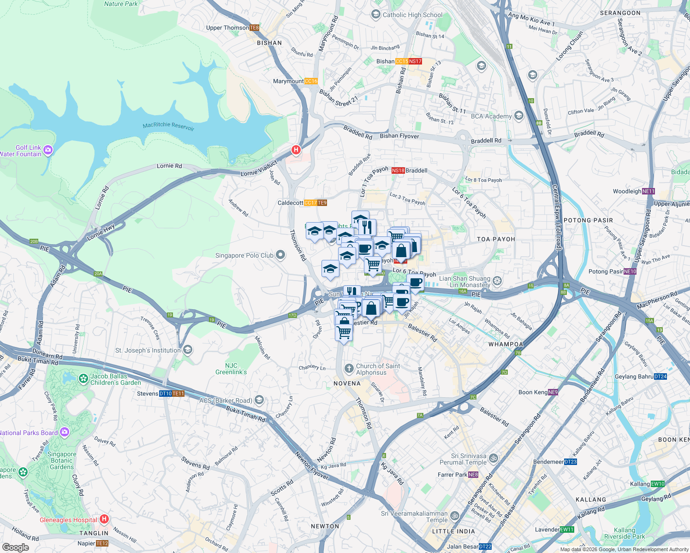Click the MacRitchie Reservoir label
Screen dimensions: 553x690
[x=168, y=126]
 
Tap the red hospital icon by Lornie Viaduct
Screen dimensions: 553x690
[x=296, y=150]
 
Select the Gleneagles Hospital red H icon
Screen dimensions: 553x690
[x=104, y=519]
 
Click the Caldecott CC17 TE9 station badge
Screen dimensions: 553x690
[x=315, y=203]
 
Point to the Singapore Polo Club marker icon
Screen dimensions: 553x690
[x=280, y=255]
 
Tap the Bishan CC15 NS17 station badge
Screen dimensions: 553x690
[x=409, y=61]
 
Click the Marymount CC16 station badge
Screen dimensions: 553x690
[x=311, y=81]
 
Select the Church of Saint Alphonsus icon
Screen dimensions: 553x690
[x=349, y=369]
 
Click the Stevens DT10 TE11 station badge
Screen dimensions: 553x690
[x=172, y=394]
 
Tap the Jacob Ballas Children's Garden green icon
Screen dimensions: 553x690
[x=83, y=379]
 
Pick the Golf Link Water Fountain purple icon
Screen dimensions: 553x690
[x=48, y=150]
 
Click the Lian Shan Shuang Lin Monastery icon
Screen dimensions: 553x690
[x=497, y=281]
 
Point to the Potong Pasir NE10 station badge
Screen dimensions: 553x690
[x=630, y=271]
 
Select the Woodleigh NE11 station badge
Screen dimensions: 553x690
[x=648, y=191]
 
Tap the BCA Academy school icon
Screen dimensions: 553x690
[x=519, y=116]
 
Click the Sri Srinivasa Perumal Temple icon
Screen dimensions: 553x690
[x=494, y=459]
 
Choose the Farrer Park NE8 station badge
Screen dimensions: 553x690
[x=473, y=475]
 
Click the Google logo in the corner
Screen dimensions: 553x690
[x=15, y=547]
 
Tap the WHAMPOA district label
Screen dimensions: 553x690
[x=506, y=344]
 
